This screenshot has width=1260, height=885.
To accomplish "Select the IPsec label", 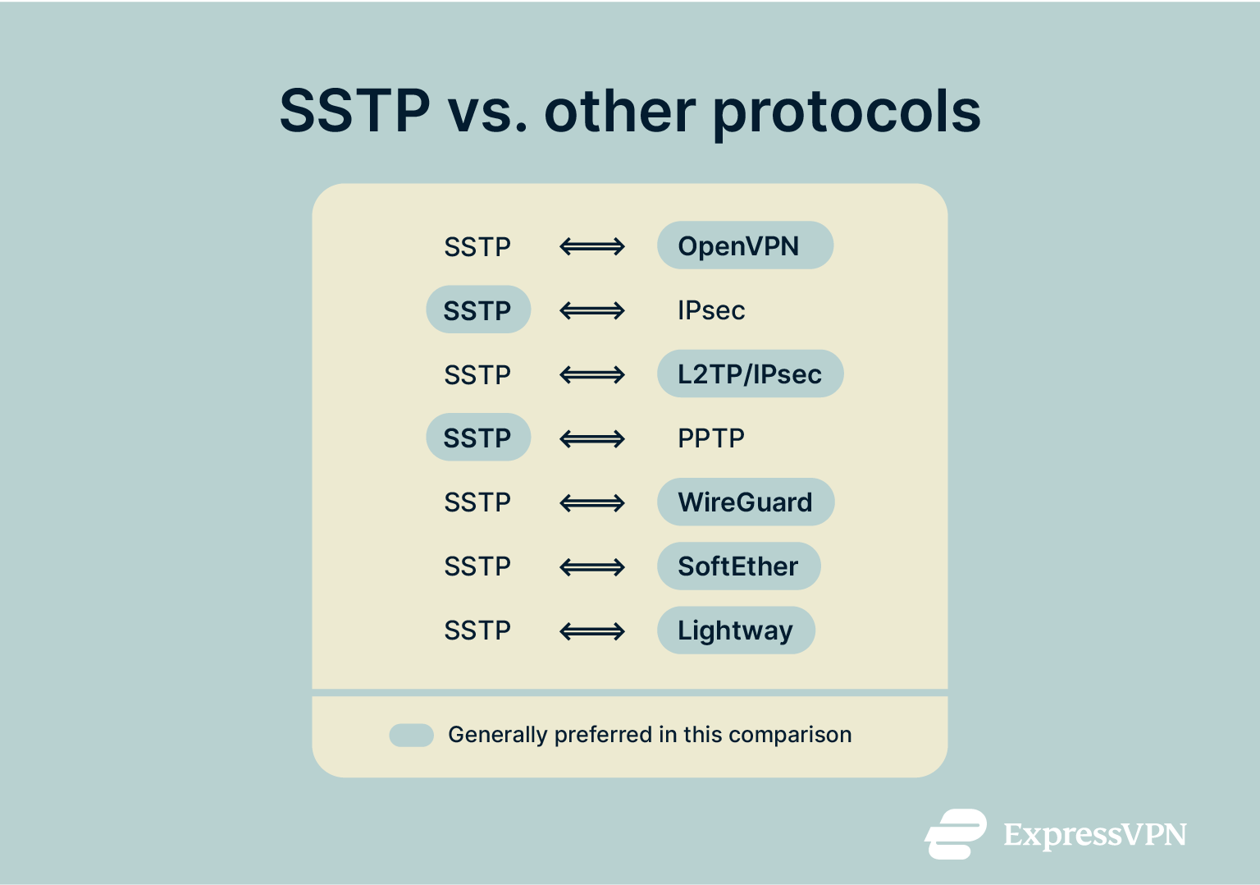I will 710,310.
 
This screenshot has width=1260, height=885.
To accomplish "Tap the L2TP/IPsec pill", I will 750,374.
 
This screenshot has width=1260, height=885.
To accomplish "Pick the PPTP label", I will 710,438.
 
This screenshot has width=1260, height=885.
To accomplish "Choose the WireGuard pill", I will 745,502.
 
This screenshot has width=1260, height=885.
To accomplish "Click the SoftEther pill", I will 738,566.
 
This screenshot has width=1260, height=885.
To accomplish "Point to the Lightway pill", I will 736,631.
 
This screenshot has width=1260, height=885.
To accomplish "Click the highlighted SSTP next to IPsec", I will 477,310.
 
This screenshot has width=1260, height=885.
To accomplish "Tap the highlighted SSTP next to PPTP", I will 477,438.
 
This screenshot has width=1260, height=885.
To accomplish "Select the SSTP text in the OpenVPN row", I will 477,246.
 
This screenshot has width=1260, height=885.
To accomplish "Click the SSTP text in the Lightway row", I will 477,631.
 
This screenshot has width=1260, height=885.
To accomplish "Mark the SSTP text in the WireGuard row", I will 477,502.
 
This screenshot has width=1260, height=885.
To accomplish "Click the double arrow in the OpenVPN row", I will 592,246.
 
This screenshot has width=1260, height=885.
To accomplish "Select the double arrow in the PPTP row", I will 592,439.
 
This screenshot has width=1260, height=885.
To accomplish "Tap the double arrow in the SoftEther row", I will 592,567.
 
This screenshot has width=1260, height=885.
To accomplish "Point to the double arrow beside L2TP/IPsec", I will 592,375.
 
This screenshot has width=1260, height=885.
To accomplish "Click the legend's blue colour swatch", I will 411,735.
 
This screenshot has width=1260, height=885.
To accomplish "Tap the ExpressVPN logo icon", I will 956,834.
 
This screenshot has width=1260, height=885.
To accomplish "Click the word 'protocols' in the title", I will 846,112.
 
